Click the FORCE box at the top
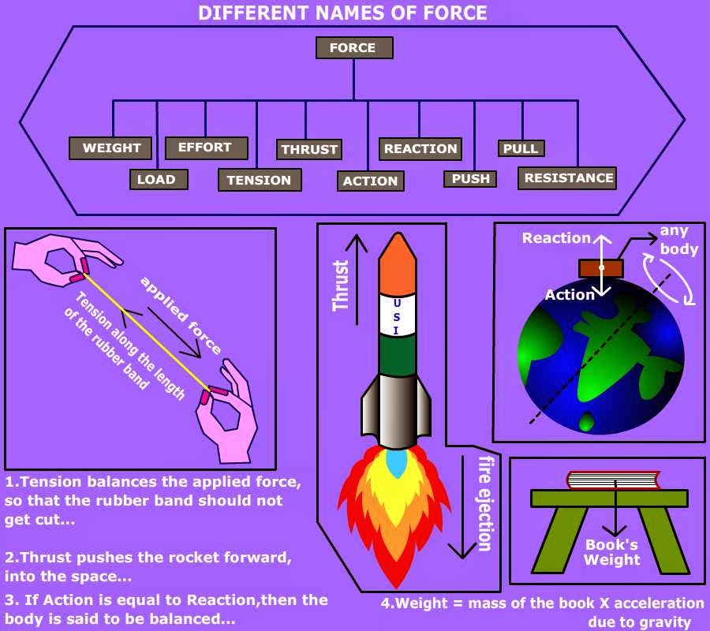[x=354, y=48]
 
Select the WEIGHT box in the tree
[x=111, y=148]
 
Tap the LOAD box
[x=158, y=179]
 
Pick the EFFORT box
[x=206, y=147]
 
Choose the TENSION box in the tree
[x=259, y=180]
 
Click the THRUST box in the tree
[x=309, y=149]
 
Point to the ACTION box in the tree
[x=370, y=181]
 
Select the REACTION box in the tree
[x=420, y=148]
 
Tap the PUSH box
[x=471, y=179]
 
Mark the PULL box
[x=521, y=148]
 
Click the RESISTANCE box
[x=568, y=178]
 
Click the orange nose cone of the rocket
[x=397, y=264]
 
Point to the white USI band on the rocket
[x=397, y=315]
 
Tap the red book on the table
[x=613, y=480]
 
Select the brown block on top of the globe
[x=601, y=268]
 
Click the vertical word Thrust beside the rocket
[x=341, y=285]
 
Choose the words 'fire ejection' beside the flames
[x=485, y=503]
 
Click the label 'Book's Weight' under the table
[x=612, y=552]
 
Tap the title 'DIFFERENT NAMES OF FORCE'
[x=342, y=13]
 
